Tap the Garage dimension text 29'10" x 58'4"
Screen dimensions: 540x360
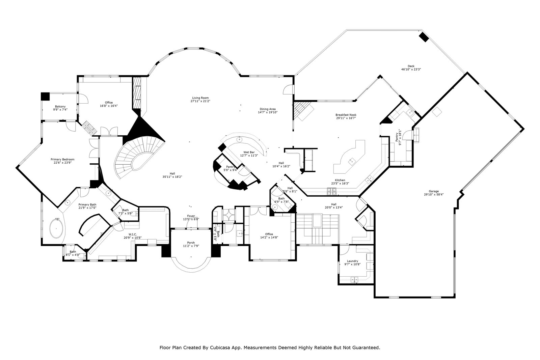click(434, 194)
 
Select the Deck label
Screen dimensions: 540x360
click(411, 66)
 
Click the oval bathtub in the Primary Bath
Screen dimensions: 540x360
click(56, 228)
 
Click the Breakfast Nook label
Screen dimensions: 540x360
click(346, 115)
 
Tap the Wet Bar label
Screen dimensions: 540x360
click(249, 152)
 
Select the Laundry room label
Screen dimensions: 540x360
click(352, 261)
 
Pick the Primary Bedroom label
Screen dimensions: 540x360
click(62, 159)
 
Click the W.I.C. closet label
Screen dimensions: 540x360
click(132, 234)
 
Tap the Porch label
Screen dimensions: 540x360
click(191, 243)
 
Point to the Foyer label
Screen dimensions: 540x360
click(191, 216)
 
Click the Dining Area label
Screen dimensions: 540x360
click(268, 109)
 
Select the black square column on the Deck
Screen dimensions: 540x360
click(424, 37)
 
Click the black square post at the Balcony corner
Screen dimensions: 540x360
click(45, 96)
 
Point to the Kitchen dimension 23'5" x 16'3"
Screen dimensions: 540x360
click(340, 184)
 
